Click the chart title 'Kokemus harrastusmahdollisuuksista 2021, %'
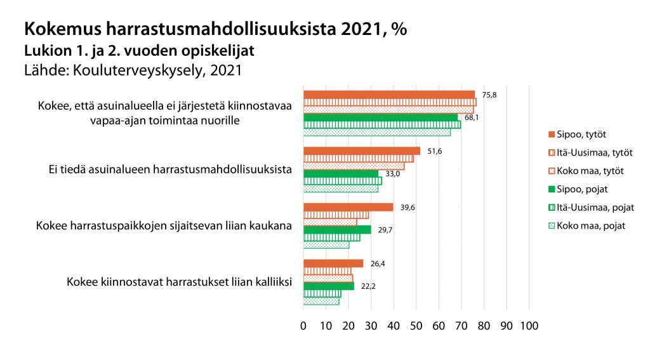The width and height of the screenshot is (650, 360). tap(215, 29)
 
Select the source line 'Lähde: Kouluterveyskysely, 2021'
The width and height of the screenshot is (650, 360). tap(133, 70)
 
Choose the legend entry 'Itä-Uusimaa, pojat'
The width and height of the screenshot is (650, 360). tap(590, 207)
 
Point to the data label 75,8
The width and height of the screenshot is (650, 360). tap(489, 95)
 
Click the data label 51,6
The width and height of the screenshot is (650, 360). tap(435, 151)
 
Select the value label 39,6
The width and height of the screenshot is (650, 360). tap(408, 208)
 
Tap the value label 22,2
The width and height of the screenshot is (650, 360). tap(368, 286)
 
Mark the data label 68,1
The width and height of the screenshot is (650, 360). tap(472, 117)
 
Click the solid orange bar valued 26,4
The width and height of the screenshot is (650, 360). tap(333, 263)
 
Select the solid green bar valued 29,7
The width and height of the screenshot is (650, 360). tap(337, 230)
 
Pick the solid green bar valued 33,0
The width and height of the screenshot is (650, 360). tap(341, 173)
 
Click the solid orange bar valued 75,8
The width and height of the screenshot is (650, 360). tap(388, 95)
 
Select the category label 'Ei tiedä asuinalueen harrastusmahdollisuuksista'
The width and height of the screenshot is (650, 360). tap(170, 170)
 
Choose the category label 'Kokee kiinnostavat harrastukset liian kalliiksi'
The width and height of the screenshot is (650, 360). tap(179, 283)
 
